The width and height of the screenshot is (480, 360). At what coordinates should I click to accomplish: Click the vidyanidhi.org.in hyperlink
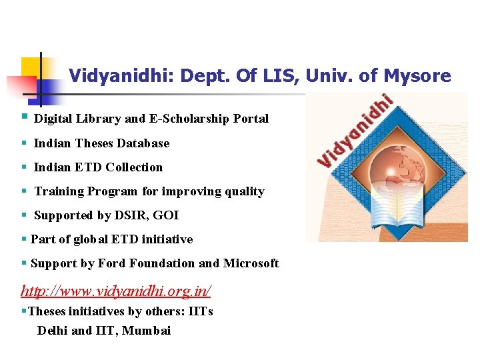116,291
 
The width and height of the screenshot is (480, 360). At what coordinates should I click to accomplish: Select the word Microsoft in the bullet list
251,263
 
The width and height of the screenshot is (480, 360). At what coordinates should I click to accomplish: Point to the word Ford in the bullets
113,263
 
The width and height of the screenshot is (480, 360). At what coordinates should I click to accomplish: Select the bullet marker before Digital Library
24,118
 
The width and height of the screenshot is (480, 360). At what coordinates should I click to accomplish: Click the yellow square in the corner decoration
31,67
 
